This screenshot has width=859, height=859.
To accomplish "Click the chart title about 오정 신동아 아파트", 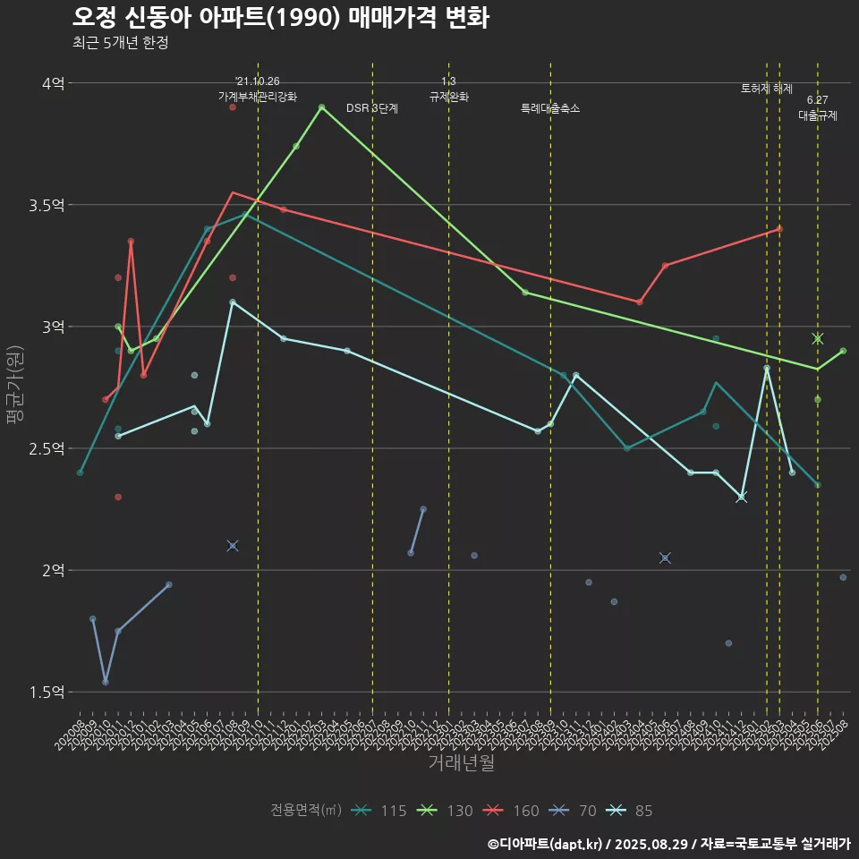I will [280, 18].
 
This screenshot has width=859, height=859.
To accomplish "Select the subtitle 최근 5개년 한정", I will [120, 43].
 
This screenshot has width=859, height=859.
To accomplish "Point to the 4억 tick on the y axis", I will [53, 83].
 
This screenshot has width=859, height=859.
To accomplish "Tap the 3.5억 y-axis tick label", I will [47, 205].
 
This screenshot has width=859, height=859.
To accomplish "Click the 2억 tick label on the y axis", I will [53, 570].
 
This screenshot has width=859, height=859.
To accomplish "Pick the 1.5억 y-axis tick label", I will [47, 692].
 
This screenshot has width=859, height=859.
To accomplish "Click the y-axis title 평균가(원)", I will [15, 387].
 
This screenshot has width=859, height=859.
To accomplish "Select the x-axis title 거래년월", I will [461, 763].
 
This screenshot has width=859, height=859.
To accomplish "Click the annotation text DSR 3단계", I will [372, 108].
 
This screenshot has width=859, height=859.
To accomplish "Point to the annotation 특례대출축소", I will [550, 108].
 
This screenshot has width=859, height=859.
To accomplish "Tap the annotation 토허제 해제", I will [767, 89].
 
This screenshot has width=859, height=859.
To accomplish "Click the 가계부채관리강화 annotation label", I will [258, 96].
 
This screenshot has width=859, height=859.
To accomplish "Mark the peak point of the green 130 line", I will [322, 106].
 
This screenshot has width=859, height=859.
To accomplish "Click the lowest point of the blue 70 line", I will [106, 682].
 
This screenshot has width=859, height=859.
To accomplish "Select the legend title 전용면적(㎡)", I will [306, 811].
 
